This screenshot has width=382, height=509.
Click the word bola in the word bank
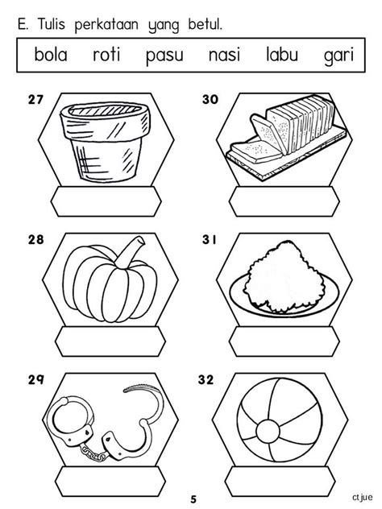click(51, 54)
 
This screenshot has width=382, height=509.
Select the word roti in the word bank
click(106, 54)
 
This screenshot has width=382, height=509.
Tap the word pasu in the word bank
click(164, 56)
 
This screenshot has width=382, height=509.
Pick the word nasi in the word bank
click(224, 54)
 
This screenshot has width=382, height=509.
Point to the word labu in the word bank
click(282, 54)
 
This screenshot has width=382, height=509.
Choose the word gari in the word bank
click(338, 56)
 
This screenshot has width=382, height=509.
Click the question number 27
click(35, 100)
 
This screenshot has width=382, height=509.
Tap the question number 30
click(210, 100)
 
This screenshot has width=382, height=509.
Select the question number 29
click(35, 380)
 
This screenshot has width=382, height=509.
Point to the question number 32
click(206, 380)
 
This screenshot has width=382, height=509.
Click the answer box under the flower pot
click(106, 201)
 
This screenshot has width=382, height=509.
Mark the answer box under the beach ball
click(280, 482)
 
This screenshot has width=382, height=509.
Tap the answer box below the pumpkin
click(110, 341)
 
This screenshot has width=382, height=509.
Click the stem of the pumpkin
click(131, 253)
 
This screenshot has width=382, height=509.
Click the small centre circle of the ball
click(268, 432)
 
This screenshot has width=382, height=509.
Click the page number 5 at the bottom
click(193, 499)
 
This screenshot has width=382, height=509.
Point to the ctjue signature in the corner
click(362, 497)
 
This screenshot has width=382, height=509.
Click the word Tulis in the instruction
click(52, 24)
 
